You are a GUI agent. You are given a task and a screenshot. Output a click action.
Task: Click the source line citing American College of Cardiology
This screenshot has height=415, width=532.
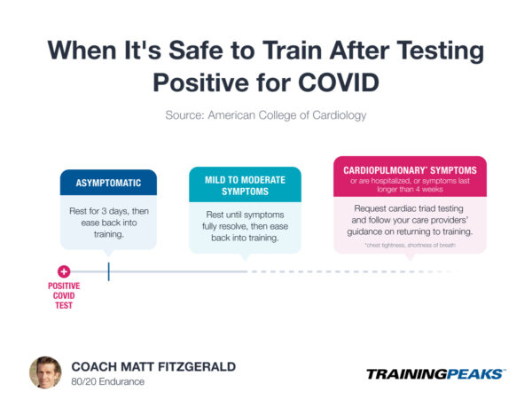tap(266, 115)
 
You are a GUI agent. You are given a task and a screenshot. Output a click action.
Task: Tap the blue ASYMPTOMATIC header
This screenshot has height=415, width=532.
tap(108, 183)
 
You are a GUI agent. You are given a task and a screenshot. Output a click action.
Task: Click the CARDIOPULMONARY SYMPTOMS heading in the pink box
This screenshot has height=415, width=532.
tap(409, 170)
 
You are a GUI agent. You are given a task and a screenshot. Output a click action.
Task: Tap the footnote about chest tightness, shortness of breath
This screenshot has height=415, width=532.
tap(409, 244)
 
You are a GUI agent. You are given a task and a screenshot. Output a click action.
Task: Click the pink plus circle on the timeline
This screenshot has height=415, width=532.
tap(63, 271)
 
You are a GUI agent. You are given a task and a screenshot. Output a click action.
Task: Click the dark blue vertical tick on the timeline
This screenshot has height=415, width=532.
tap(108, 271)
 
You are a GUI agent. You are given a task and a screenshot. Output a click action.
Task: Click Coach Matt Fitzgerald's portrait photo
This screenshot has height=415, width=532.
tap(45, 372)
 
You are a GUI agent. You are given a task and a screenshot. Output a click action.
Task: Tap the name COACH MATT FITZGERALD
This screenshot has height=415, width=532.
tap(153, 366)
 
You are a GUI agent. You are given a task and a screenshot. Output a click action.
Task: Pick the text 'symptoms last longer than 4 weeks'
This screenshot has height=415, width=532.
tap(409, 187)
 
